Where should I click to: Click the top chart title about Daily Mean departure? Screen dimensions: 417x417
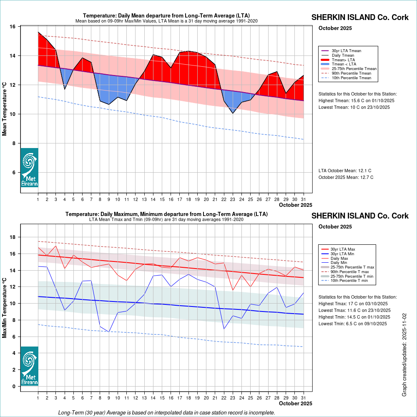(166, 16)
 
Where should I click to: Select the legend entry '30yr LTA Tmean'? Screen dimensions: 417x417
(346, 50)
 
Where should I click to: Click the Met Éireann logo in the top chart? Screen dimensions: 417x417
(29, 167)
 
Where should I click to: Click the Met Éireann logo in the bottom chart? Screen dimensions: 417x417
(29, 366)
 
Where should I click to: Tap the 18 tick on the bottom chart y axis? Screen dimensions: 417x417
(13, 237)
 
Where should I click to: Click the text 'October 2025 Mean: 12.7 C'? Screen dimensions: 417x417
(346, 177)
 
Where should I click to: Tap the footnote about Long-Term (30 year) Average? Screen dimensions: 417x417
(166, 412)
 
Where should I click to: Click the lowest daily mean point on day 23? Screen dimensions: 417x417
(233, 113)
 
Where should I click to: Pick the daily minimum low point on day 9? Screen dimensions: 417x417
(109, 332)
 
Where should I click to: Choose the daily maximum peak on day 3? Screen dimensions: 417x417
(56, 246)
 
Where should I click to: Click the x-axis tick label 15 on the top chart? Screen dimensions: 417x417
(162, 199)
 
